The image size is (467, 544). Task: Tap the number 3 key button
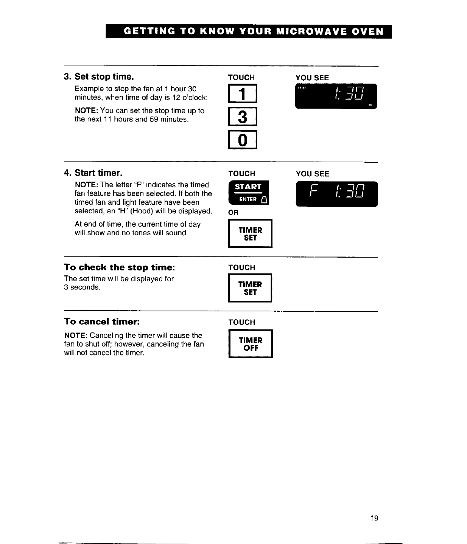(243, 117)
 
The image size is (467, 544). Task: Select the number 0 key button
(243, 140)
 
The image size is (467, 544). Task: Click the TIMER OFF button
(251, 344)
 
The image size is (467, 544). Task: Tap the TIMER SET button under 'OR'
(250, 234)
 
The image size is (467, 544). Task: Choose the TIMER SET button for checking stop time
(250, 288)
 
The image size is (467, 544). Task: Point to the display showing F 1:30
(336, 194)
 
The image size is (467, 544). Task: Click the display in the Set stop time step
(336, 96)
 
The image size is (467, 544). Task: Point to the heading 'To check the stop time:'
(120, 267)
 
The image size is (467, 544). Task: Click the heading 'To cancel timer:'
(102, 322)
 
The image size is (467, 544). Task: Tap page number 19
(374, 518)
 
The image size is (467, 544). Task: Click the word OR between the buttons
(233, 213)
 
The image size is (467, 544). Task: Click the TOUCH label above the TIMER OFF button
(241, 322)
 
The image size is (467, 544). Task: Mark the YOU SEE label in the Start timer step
(312, 174)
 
